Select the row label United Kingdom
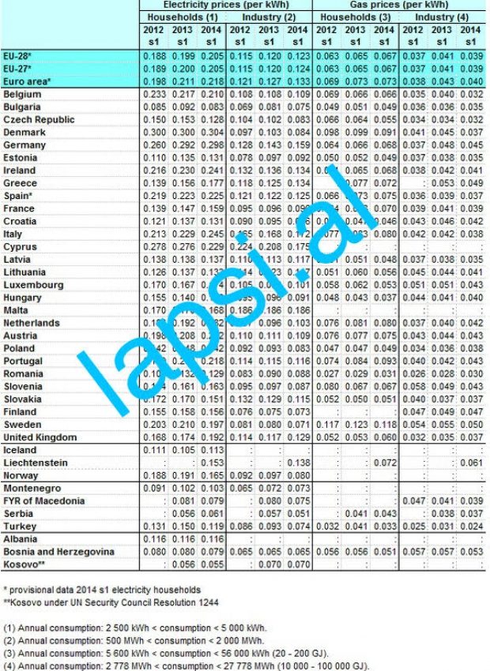[40, 437]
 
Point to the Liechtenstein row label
[36, 463]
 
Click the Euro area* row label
[28, 81]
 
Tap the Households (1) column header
[182, 17]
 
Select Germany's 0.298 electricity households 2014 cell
[209, 145]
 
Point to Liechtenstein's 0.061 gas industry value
[469, 463]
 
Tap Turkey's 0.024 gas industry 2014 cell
[469, 526]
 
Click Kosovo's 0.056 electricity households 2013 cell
[183, 564]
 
